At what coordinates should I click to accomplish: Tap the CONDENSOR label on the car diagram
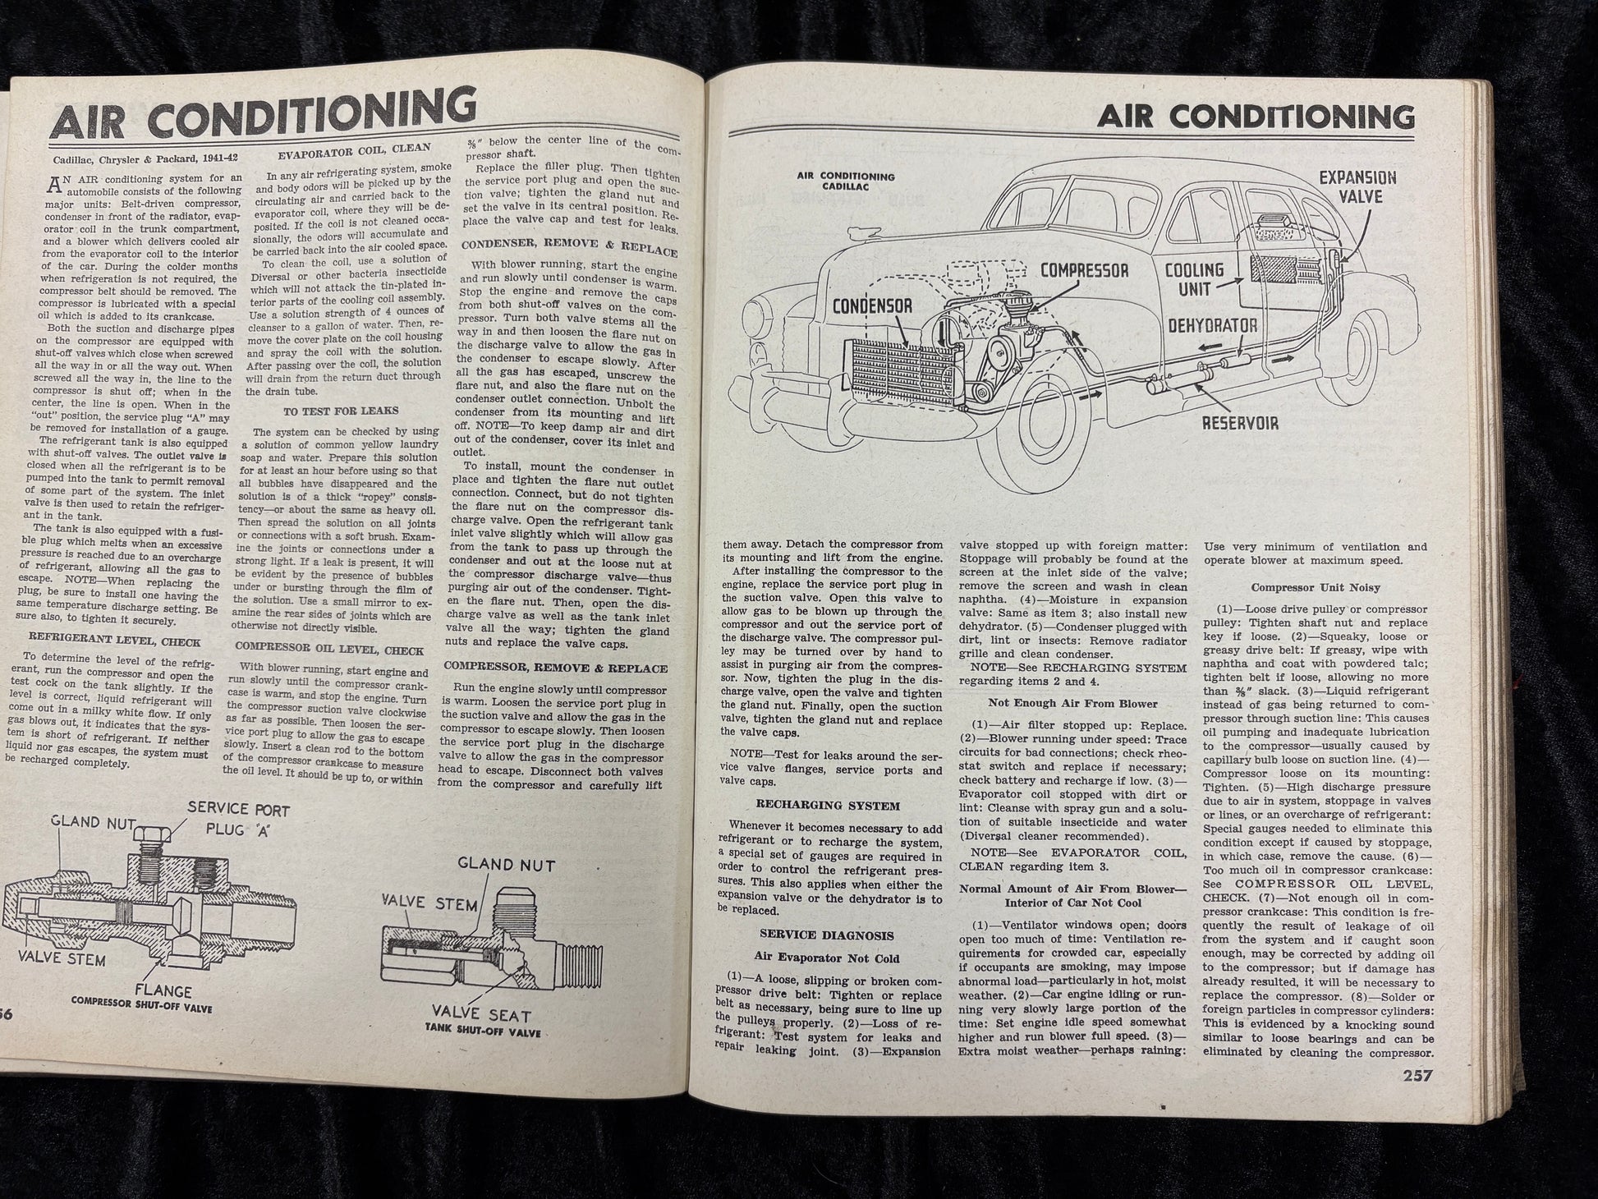point(872,305)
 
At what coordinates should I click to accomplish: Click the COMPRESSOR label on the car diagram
point(1084,270)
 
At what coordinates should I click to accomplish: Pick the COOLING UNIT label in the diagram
point(1194,279)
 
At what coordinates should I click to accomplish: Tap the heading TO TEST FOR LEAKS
point(340,411)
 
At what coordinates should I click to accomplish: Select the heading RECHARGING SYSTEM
point(829,806)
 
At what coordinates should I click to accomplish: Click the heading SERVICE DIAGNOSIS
point(827,935)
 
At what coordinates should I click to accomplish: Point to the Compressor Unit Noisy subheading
point(1316,587)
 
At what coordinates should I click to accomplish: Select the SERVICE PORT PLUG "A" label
point(238,819)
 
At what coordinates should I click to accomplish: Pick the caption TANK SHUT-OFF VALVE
point(484,1030)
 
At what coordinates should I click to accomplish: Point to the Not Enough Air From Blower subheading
point(1073,704)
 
